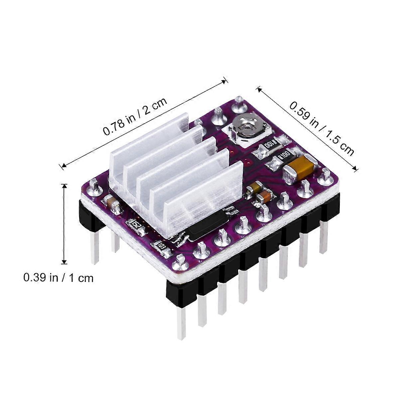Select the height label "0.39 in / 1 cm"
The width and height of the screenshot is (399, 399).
click(58, 278)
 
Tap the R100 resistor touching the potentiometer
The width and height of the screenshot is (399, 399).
click(271, 144)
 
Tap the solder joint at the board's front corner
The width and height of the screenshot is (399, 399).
click(181, 261)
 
